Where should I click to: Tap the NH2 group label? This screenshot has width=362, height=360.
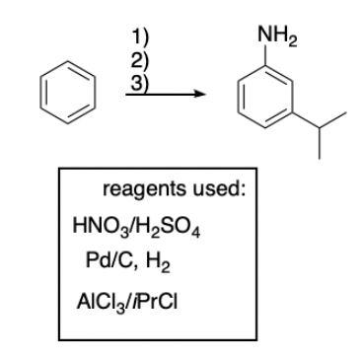273,40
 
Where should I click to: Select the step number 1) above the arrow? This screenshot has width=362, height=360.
140,39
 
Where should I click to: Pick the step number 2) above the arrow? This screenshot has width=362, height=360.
140,60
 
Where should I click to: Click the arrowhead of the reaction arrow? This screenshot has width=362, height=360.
200,95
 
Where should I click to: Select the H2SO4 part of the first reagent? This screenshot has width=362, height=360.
157,224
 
